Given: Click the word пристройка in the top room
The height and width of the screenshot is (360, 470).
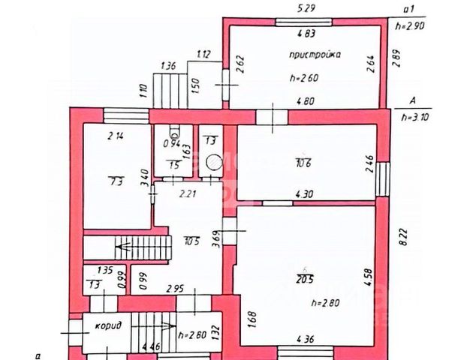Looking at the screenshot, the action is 315,55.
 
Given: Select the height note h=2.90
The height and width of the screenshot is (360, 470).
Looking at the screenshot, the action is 414,25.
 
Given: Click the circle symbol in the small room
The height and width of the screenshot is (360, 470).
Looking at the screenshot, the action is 213,160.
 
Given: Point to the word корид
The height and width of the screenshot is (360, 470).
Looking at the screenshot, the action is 109,327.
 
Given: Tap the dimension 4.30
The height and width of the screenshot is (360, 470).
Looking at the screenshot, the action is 305,194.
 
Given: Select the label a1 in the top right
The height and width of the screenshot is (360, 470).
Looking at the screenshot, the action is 409,10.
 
